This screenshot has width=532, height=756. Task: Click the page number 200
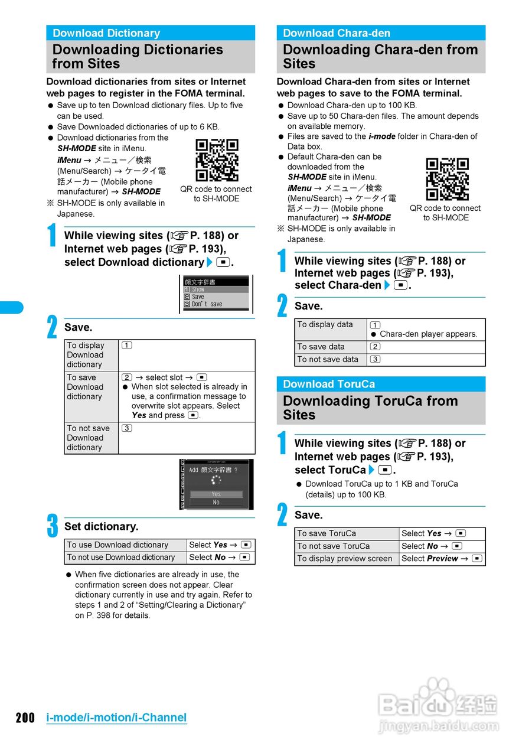point(25,718)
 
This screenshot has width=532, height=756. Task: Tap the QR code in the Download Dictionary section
point(217,160)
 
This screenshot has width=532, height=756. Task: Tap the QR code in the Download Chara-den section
point(447,179)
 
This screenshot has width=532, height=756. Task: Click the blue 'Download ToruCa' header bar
point(381,384)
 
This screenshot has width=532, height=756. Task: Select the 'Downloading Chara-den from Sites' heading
point(381,57)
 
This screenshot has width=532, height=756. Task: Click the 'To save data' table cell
point(331,347)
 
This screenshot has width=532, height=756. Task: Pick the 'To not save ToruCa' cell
point(347,546)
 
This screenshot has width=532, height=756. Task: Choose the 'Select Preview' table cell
point(442,559)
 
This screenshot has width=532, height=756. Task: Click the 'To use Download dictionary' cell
point(125,545)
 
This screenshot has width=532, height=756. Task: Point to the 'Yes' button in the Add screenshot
point(216,494)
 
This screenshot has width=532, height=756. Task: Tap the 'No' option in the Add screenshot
point(216,503)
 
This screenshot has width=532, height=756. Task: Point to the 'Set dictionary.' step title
point(102,526)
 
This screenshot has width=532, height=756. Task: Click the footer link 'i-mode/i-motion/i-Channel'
point(116,718)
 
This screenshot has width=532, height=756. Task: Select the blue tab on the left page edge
point(11,307)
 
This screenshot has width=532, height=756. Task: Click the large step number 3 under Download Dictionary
point(53,526)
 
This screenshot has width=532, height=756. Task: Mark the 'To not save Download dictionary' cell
point(91,438)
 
